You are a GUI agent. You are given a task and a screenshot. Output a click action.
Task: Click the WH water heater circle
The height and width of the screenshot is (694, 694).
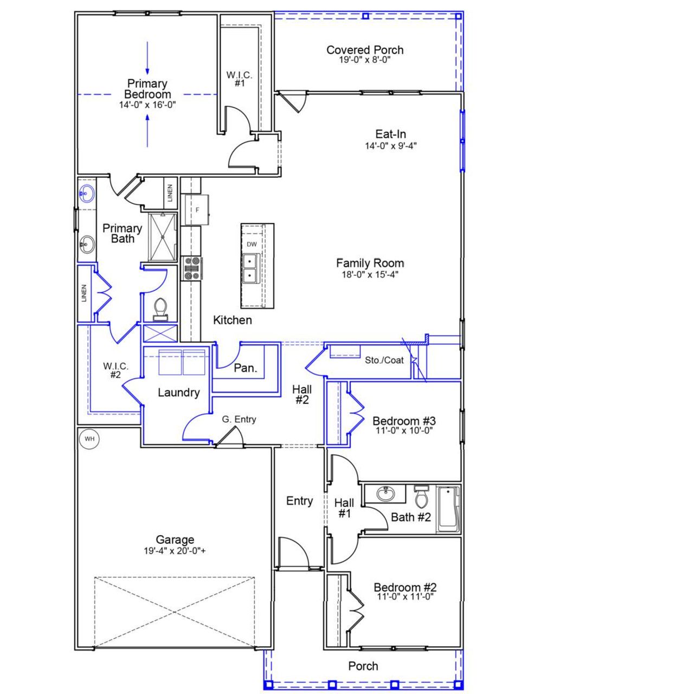coord(89,439)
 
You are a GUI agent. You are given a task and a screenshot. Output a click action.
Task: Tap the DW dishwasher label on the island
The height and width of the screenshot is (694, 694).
coord(252,245)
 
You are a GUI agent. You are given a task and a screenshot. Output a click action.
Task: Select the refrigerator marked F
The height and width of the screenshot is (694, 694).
coord(197,209)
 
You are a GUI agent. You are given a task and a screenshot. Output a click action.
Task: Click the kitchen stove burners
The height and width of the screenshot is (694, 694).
coord(191,268)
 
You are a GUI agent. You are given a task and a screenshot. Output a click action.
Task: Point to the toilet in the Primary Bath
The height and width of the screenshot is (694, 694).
coord(160,309)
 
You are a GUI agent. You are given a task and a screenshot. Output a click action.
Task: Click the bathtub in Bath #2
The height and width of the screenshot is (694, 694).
coord(448,509)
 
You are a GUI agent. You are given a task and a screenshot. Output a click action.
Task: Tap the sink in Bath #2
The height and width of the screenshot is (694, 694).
coord(385,494)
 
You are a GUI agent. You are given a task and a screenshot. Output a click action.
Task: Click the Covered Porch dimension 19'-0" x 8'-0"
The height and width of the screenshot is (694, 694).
coord(365,60)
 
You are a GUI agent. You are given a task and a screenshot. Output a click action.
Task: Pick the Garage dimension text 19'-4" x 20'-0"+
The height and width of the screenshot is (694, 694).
coord(175,551)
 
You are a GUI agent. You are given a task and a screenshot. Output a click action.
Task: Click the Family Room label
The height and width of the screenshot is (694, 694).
coord(370,263)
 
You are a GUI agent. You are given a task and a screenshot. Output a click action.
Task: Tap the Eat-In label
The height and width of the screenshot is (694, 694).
coord(390,134)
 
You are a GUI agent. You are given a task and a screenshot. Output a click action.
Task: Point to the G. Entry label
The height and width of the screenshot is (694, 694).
coord(239,419)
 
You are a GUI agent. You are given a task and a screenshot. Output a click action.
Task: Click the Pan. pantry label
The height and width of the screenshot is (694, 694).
coord(245,368)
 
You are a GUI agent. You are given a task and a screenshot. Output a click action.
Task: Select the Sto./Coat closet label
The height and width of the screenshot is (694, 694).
coord(384,360)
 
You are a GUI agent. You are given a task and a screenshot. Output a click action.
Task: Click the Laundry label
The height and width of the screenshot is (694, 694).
coord(178,393)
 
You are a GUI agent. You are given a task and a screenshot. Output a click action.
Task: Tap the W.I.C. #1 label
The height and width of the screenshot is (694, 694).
coord(240,79)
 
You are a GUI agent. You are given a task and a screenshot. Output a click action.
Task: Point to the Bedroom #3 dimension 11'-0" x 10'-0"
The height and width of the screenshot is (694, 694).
coord(404,431)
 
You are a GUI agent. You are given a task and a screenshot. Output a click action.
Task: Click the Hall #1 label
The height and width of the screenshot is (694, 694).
coord(344,508)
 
